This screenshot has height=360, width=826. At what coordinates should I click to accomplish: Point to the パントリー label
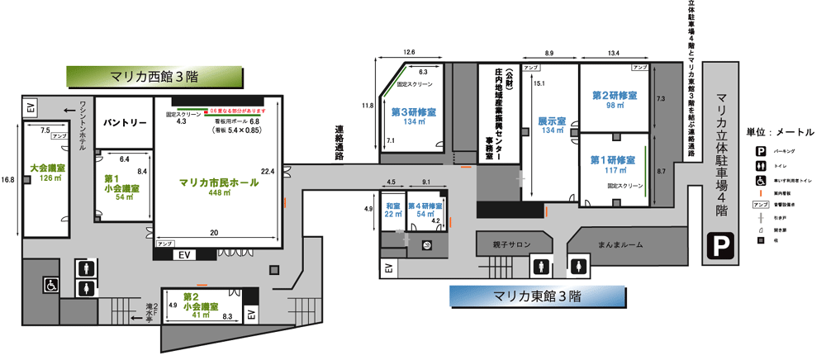click(125, 122)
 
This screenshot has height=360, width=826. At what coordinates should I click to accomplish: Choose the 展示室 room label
click(552, 121)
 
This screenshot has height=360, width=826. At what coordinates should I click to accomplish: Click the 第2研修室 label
click(614, 96)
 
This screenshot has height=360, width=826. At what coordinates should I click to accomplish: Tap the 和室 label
click(392, 204)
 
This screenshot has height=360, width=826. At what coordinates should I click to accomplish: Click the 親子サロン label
click(512, 245)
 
